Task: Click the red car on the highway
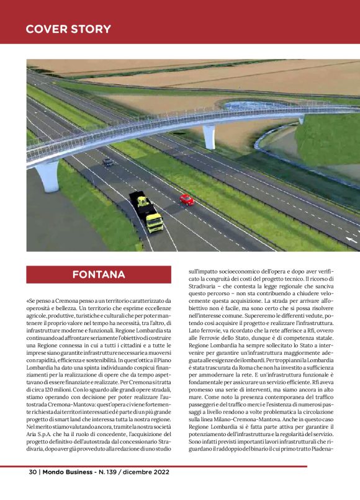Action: [186, 199]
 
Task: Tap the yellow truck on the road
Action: [146, 211]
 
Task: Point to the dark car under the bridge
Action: [108, 161]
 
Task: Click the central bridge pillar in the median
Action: [210, 135]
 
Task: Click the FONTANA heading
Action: [99, 274]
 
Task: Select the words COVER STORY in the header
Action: [69, 29]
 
